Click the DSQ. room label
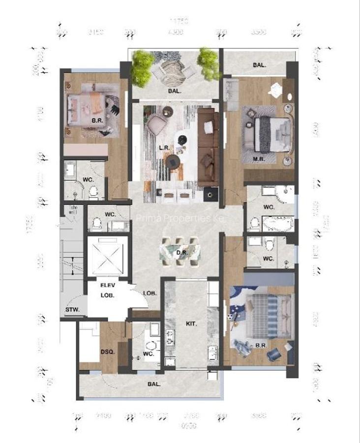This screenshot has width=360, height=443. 107,351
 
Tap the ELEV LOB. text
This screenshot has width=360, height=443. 107,290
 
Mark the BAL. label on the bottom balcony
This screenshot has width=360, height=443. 154,384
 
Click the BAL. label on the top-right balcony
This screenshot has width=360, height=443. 259,65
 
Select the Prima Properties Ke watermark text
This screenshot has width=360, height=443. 180,218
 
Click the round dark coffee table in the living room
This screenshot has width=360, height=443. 173,160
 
